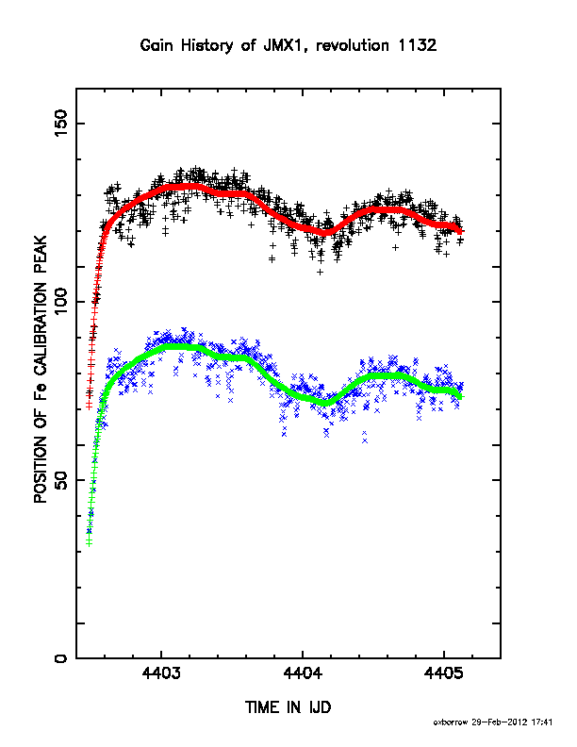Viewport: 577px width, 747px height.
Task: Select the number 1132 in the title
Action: pyautogui.click(x=418, y=45)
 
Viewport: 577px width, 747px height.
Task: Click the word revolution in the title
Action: pyautogui.click(x=353, y=45)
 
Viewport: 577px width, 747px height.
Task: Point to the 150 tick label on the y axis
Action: pyautogui.click(x=61, y=123)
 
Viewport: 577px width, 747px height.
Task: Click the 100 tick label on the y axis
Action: pyautogui.click(x=61, y=301)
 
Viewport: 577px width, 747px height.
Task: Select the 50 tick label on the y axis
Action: pyautogui.click(x=61, y=480)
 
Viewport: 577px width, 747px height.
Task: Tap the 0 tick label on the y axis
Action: pyautogui.click(x=61, y=658)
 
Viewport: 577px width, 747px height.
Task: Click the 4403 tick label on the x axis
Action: pyautogui.click(x=161, y=673)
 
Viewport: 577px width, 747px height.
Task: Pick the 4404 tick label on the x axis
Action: pyautogui.click(x=303, y=673)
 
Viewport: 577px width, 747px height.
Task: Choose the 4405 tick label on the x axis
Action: pyautogui.click(x=444, y=673)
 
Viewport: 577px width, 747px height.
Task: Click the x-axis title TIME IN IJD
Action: pyautogui.click(x=288, y=707)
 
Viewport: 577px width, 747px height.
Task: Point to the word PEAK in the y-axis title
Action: pyautogui.click(x=41, y=256)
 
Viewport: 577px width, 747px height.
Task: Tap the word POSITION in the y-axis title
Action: pyautogui.click(x=41, y=470)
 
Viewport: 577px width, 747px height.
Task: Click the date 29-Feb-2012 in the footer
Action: pyautogui.click(x=500, y=722)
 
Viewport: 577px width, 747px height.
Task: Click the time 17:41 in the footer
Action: pyautogui.click(x=542, y=722)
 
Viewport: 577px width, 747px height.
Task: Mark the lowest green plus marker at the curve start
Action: pyautogui.click(x=89, y=543)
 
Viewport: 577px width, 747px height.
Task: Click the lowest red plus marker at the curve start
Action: pyautogui.click(x=89, y=406)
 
